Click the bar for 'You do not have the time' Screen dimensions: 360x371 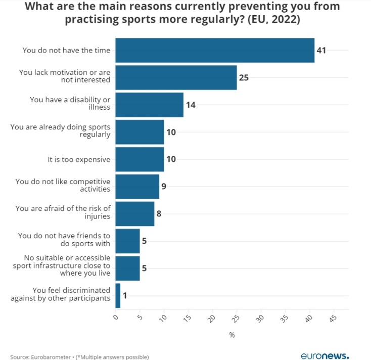(215, 50)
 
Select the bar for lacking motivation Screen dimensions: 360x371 (176, 77)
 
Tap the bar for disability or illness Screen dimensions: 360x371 (149, 105)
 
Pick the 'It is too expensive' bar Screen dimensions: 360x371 (140, 159)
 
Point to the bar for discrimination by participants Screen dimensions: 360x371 (118, 295)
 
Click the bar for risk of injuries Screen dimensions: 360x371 (134, 213)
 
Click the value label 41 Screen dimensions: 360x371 (321, 51)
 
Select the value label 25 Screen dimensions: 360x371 (244, 78)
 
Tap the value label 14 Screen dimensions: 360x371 (190, 105)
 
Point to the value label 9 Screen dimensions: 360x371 (164, 187)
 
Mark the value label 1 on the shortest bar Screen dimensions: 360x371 (124, 295)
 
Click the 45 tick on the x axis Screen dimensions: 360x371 (333, 319)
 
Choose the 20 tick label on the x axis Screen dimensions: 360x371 (212, 319)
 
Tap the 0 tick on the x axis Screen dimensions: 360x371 (116, 318)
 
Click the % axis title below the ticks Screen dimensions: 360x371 (232, 335)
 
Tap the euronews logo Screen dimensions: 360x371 (324, 355)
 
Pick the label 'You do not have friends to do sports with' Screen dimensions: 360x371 (64, 241)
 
